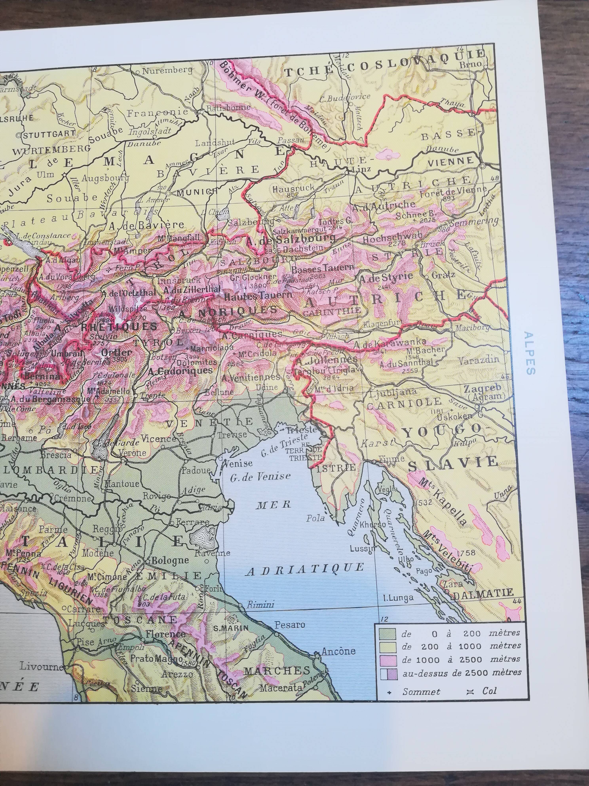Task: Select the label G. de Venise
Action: point(260,477)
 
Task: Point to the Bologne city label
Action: point(170,561)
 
